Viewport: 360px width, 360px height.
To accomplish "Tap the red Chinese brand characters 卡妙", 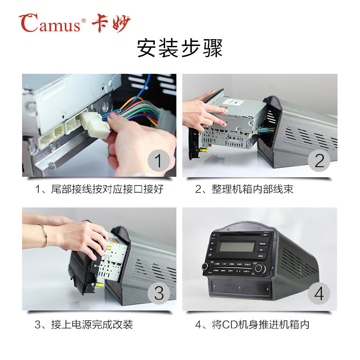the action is (x=111, y=23).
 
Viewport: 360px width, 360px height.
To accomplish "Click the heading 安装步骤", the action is (x=180, y=48).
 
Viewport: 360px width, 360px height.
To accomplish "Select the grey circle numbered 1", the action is (x=159, y=161).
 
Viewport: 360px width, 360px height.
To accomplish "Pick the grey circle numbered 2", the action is (x=319, y=161).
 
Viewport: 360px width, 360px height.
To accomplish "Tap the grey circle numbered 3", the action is (x=159, y=293).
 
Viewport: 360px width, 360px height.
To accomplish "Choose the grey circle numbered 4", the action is (x=319, y=293).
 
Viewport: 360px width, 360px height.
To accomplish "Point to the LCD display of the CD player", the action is (x=237, y=247).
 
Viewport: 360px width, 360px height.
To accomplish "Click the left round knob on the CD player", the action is (x=206, y=266).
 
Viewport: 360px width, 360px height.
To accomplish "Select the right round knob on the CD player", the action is (x=260, y=268).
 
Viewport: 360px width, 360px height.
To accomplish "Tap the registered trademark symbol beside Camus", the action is (x=84, y=21).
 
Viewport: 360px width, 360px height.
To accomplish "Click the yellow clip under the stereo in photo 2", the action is (x=203, y=150).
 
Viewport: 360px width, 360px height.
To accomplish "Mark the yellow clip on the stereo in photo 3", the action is (x=99, y=285).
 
